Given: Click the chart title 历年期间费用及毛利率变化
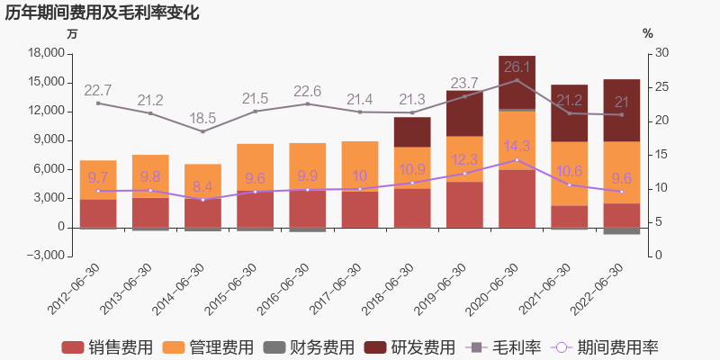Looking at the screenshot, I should [x=102, y=13].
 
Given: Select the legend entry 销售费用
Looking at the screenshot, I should [x=107, y=347].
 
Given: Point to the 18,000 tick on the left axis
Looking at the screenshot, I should [x=48, y=53].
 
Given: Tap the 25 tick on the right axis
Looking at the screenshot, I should [x=661, y=86].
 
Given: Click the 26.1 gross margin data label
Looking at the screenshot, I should [x=517, y=67].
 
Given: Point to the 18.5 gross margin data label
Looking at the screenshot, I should [x=202, y=118].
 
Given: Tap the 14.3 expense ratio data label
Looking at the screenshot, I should [x=517, y=146].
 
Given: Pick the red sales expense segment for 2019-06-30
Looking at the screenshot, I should [x=464, y=204].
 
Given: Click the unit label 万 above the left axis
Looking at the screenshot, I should [x=73, y=33].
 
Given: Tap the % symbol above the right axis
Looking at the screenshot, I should [x=648, y=33].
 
